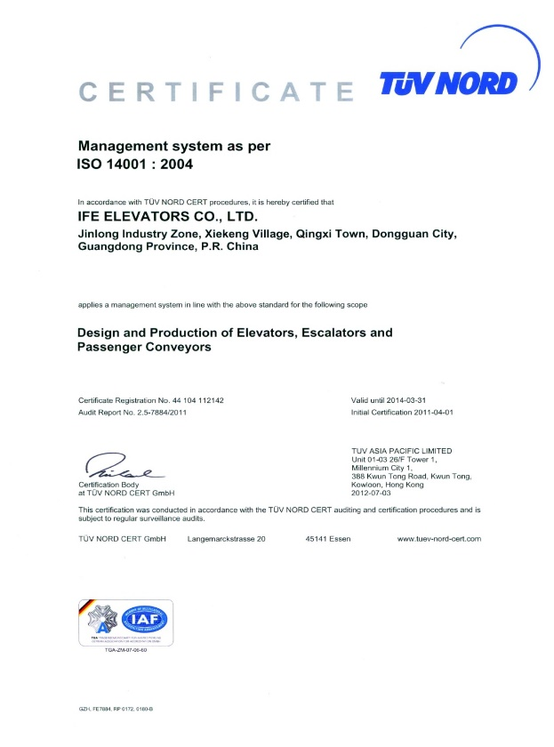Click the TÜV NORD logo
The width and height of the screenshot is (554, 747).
(x=449, y=84)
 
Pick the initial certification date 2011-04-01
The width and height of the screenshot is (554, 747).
(x=430, y=413)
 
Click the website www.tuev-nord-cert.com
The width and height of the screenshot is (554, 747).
(x=438, y=539)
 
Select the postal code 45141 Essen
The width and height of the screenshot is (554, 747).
(x=327, y=539)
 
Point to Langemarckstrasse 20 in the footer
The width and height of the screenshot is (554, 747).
(x=228, y=539)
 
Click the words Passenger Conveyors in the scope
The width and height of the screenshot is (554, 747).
(x=145, y=349)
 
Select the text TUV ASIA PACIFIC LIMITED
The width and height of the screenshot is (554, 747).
(x=402, y=451)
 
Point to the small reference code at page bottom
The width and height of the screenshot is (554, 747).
(x=116, y=708)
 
